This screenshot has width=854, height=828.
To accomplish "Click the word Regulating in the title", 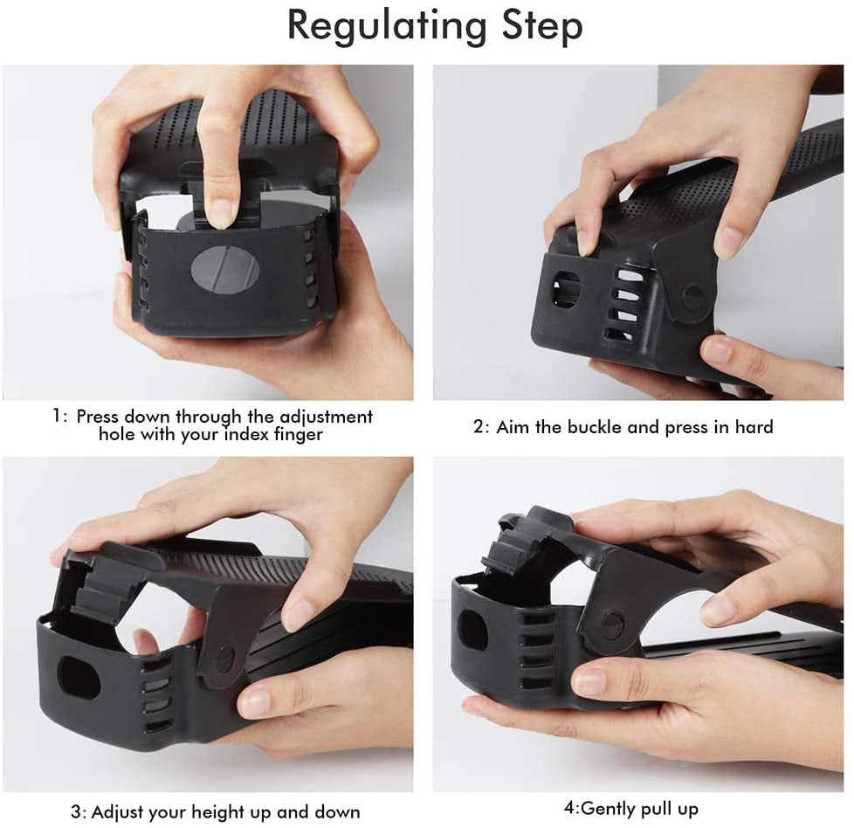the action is (x=387, y=26).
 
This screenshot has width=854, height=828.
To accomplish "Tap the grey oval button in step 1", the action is (x=224, y=271).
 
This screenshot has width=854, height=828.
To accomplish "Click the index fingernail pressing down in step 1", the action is (x=222, y=213).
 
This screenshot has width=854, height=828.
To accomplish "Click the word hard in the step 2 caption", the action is (x=754, y=426).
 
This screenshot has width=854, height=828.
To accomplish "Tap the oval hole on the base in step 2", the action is (x=567, y=288).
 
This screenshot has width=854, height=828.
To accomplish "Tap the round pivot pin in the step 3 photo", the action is (x=225, y=657).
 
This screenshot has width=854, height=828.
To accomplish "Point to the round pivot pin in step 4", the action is (x=614, y=624).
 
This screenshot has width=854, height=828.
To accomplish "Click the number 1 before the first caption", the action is (x=57, y=416).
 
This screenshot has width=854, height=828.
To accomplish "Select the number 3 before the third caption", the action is (x=75, y=812).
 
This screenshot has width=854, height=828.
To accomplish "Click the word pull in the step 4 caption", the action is (x=655, y=808).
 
